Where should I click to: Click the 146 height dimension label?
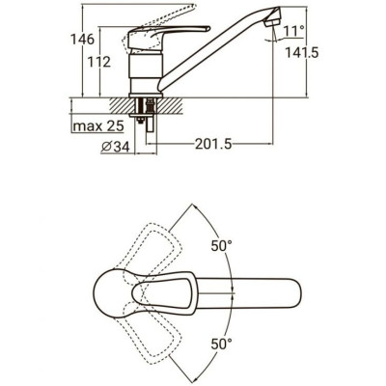point(83,40)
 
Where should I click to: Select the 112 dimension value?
point(99,62)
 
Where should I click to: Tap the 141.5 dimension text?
point(302,52)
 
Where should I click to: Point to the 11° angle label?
point(294,32)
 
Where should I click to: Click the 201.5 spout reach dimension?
point(213,145)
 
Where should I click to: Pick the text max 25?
point(98,126)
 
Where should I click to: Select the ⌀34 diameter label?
point(116,148)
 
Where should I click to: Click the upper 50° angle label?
point(222,246)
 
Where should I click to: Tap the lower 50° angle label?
point(222,345)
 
